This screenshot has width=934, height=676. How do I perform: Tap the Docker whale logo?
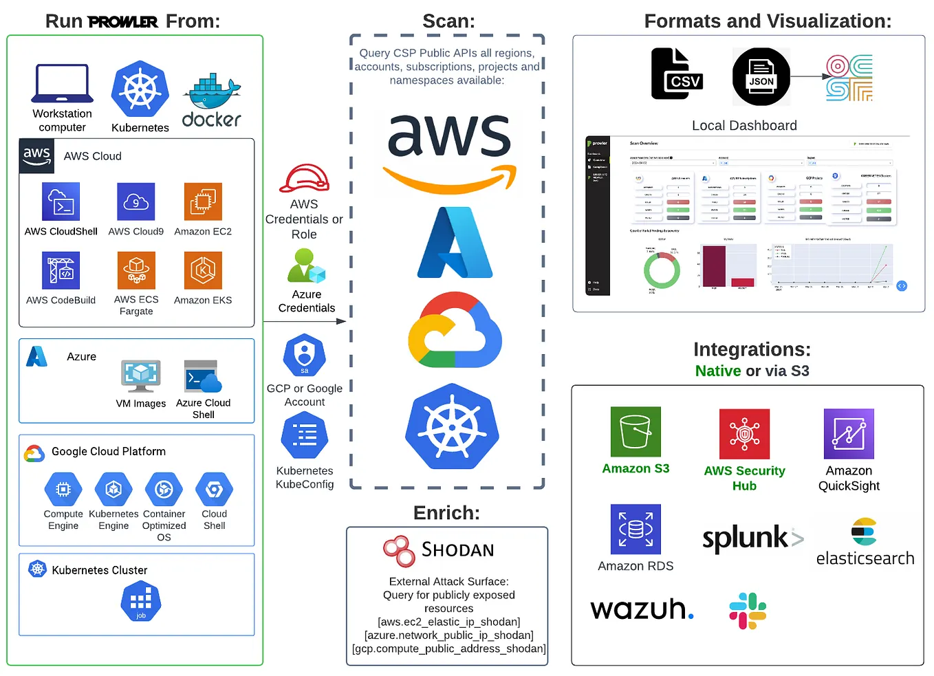pos(211,92)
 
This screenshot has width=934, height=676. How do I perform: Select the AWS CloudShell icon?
pos(61,201)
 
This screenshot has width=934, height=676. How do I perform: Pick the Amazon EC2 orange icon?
pos(203,201)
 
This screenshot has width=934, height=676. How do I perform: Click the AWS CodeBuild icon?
pos(61,270)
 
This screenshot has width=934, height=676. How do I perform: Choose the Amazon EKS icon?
pos(203,270)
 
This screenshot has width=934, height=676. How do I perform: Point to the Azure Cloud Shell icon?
pos(203,377)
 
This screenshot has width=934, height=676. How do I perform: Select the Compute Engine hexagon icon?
pos(63,490)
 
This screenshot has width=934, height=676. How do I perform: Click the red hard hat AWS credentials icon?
pos(304,179)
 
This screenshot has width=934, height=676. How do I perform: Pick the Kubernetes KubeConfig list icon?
pos(305,437)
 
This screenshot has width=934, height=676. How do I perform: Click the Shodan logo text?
pos(457,550)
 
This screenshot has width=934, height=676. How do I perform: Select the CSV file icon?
pos(676,74)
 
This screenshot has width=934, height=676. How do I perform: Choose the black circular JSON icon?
pos(761,76)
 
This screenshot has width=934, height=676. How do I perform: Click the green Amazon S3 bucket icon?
pos(636,432)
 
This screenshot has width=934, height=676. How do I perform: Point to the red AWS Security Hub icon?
pos(744,434)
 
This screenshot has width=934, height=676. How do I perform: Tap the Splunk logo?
pos(752,538)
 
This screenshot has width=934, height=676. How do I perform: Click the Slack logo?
pos(748,611)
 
